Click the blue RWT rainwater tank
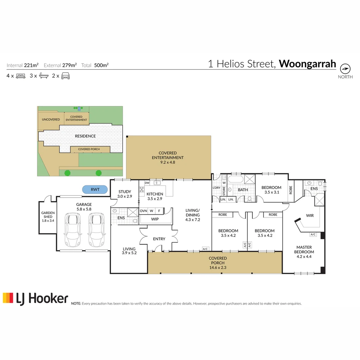95,190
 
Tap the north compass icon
345,69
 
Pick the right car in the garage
96,230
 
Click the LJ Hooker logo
35,298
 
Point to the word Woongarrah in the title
307,64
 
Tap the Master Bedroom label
304,249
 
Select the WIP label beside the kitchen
154,219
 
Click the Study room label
125,191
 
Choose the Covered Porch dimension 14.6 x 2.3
218,267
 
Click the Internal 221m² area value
31,65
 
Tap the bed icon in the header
20,76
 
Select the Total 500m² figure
101,65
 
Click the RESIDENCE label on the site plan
85,136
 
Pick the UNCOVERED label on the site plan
51,119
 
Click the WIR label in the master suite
310,216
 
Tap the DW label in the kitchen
147,183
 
